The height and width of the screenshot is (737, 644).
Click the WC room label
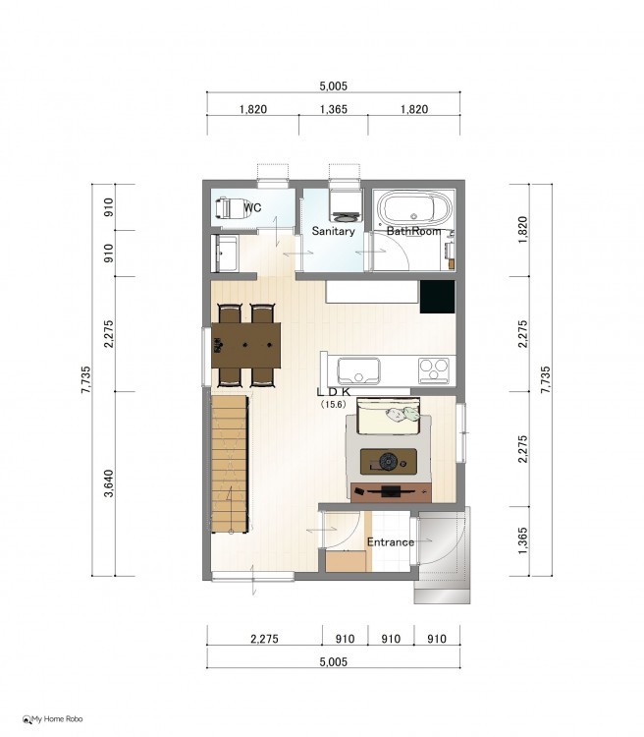click(x=252, y=207)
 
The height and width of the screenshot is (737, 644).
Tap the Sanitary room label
click(x=333, y=231)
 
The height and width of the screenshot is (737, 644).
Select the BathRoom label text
click(x=414, y=231)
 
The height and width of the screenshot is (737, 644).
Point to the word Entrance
click(x=391, y=541)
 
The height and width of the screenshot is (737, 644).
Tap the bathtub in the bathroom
click(x=414, y=208)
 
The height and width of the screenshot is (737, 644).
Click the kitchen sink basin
click(x=358, y=370)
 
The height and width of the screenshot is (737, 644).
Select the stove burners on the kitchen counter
click(x=434, y=369)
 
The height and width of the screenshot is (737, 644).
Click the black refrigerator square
click(x=437, y=297)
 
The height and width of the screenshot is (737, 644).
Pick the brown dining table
click(x=245, y=345)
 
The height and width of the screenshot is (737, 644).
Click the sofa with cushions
click(x=388, y=416)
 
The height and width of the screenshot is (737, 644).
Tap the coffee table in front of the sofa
click(x=388, y=461)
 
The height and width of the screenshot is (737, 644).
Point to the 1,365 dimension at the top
click(x=334, y=109)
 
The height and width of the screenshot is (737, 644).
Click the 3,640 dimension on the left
click(x=109, y=483)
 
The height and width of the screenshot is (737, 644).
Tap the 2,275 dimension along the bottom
click(x=264, y=639)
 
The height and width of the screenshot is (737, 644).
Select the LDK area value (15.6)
click(x=333, y=404)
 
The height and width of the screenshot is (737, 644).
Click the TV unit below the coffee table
click(x=391, y=492)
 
